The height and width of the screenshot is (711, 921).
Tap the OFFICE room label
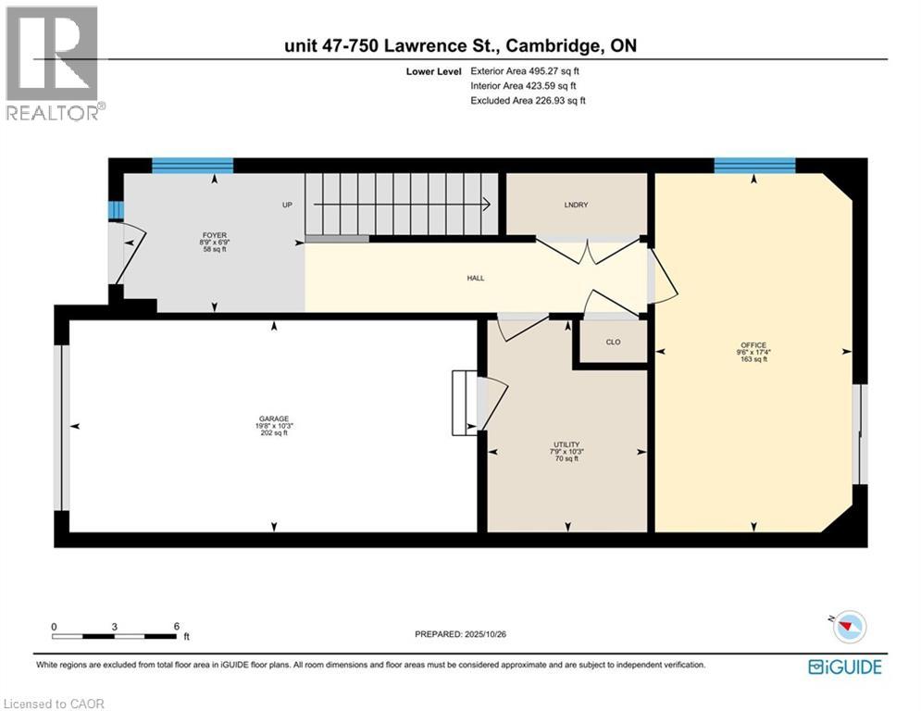pos(753,345)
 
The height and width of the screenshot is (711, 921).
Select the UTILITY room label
pos(566,444)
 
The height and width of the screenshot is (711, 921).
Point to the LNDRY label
pos(579,205)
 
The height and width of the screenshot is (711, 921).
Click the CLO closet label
pos(613,343)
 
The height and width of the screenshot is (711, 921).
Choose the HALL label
pos(475,278)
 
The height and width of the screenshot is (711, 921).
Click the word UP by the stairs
pos(288,205)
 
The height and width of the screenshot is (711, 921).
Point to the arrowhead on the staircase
pos(485,205)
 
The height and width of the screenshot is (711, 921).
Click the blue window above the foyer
pos(192,166)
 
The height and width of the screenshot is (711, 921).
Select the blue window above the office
pos(754,166)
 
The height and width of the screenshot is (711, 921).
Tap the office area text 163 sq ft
pos(753,359)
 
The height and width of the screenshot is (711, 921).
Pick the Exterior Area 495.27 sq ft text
pos(525,70)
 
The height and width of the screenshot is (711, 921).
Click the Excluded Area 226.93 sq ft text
pos(528,100)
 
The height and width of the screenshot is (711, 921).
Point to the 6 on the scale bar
pos(176,626)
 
